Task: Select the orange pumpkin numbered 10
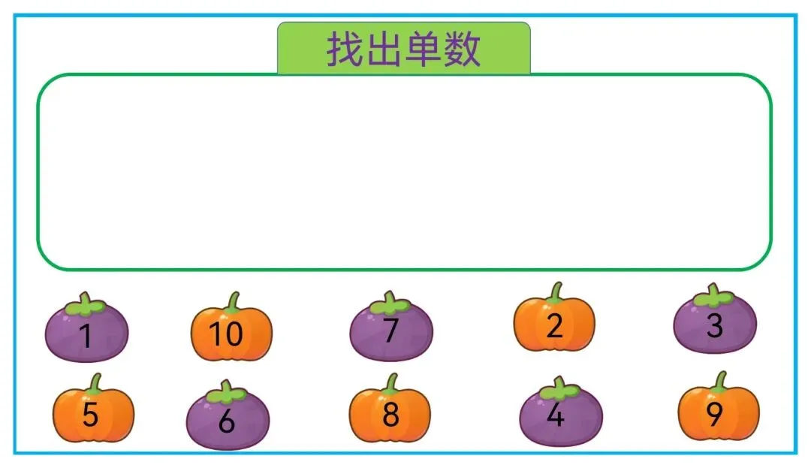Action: pyautogui.click(x=231, y=333)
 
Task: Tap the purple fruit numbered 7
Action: pyautogui.click(x=390, y=331)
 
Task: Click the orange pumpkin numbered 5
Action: pyautogui.click(x=93, y=415)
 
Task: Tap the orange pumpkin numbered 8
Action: pyautogui.click(x=390, y=415)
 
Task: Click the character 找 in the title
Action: pyautogui.click(x=345, y=50)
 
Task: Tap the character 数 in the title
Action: pyautogui.click(x=461, y=50)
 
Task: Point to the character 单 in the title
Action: pyautogui.click(x=422, y=50)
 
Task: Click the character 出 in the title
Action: pyautogui.click(x=383, y=50)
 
